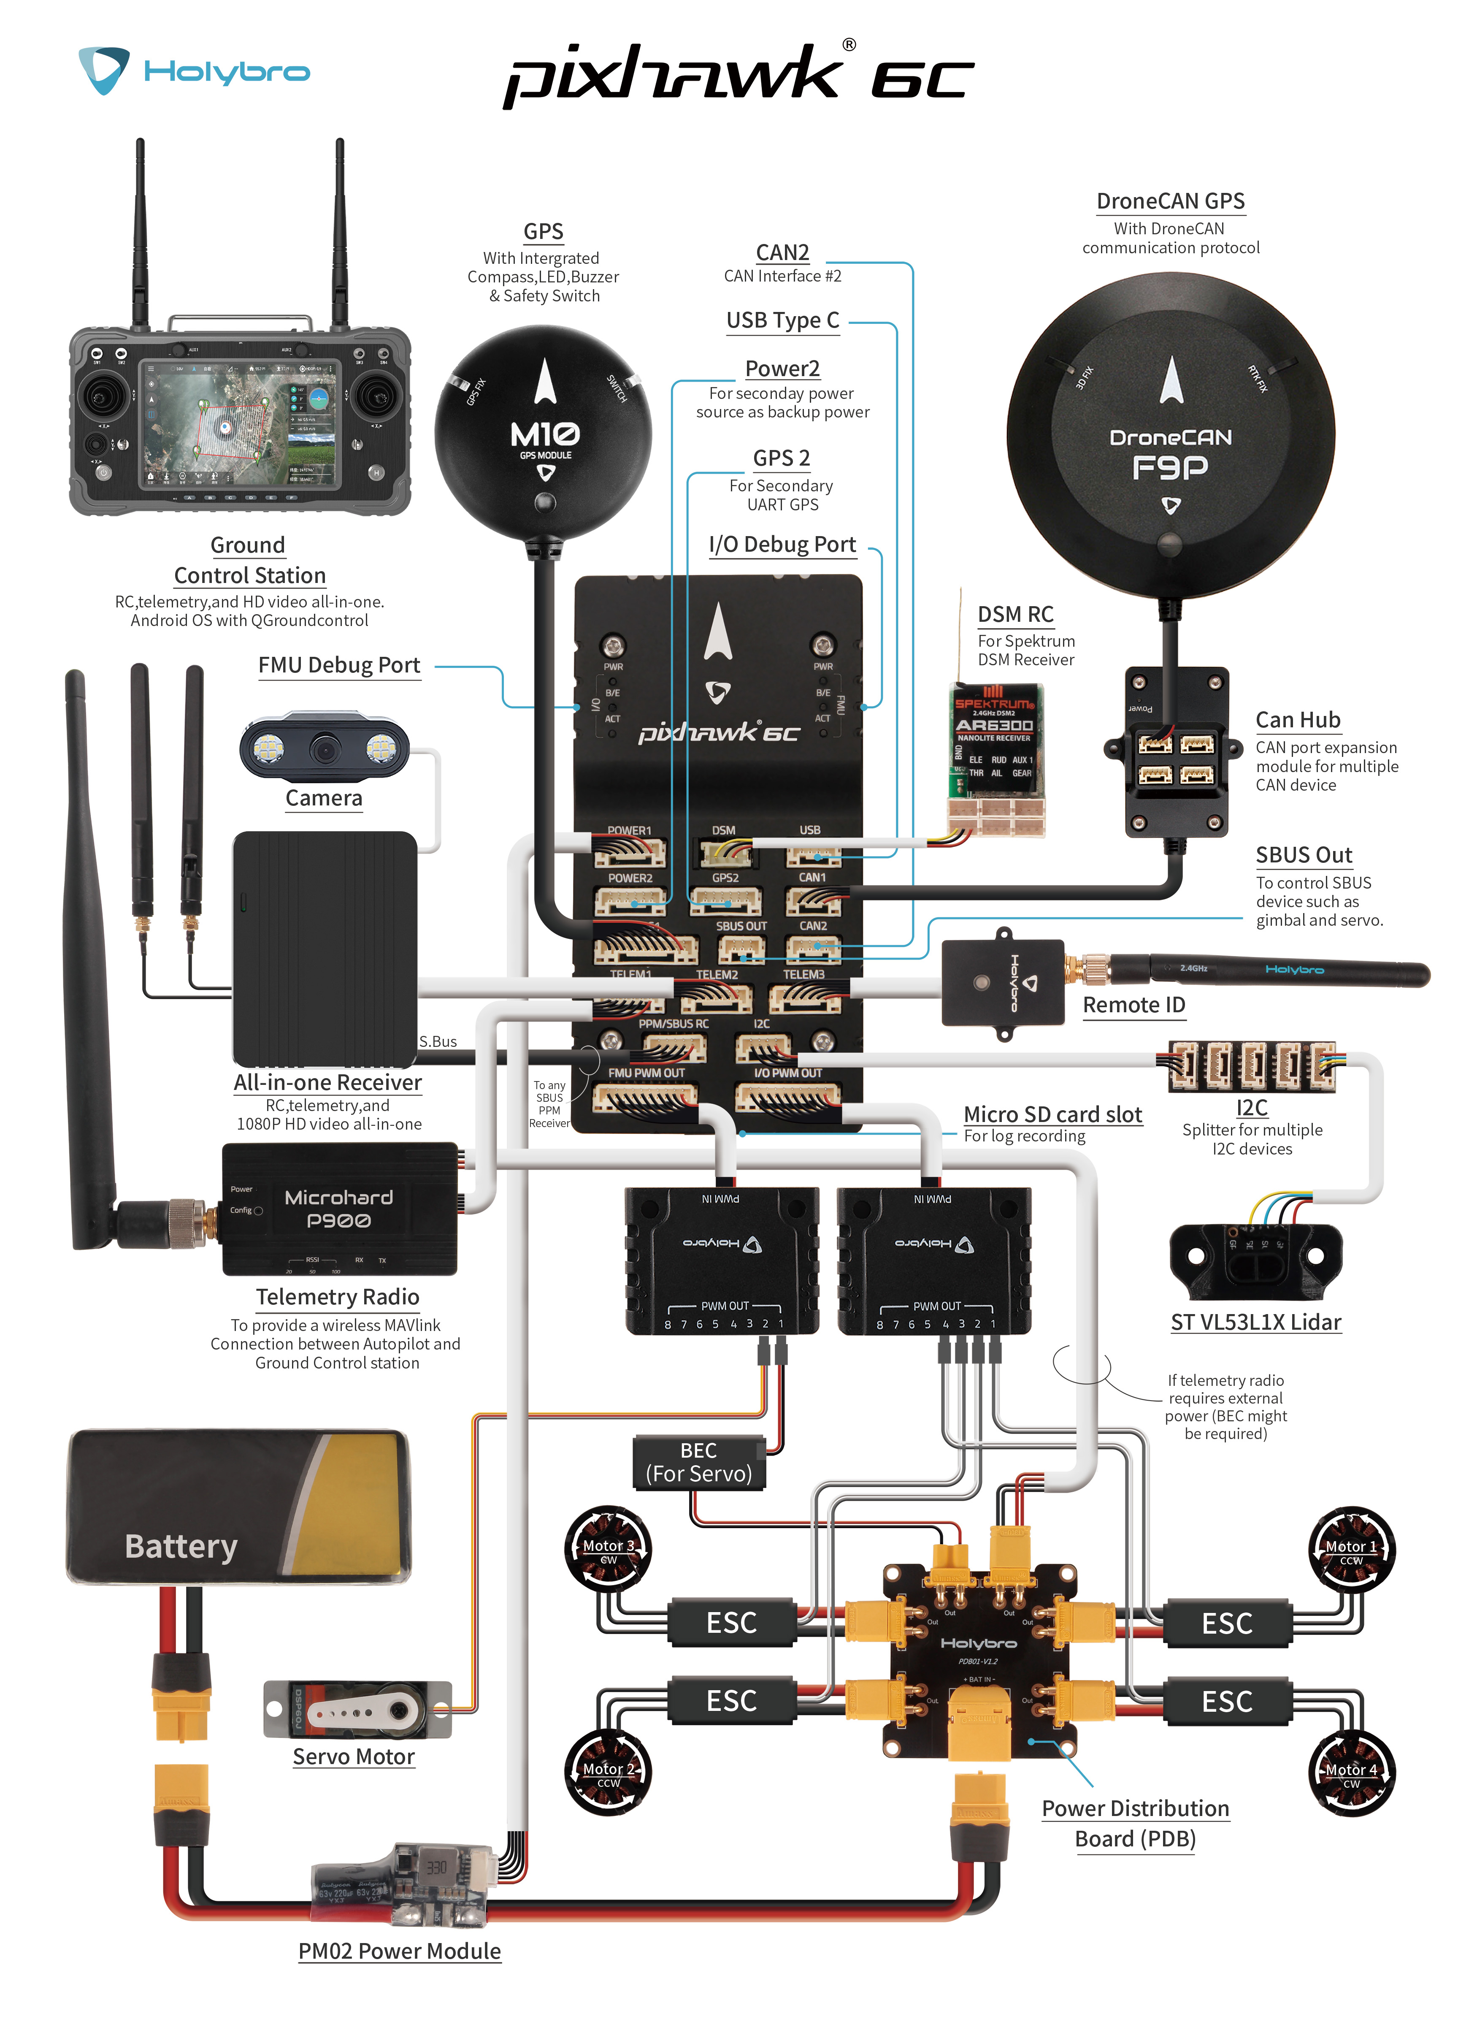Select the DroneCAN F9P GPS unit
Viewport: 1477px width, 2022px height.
click(1170, 438)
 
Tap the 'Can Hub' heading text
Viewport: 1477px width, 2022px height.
click(1297, 720)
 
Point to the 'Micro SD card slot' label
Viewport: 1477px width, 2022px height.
click(1052, 1114)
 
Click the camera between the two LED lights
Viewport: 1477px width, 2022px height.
click(324, 748)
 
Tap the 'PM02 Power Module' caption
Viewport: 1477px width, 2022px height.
click(399, 1952)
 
